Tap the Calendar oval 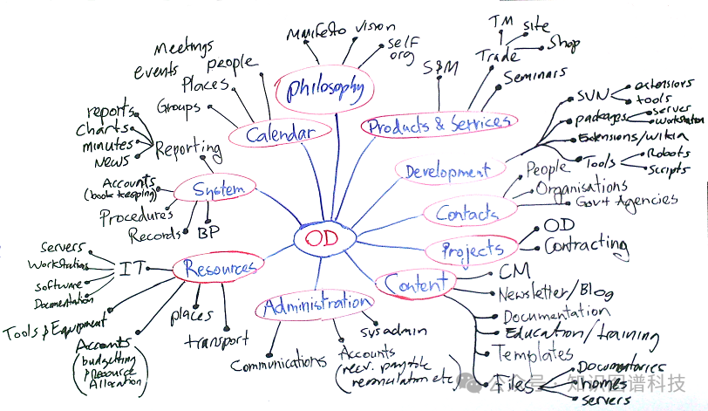tap(279, 134)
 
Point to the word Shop tap(563, 44)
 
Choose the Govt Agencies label tap(627, 201)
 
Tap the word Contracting tap(586, 246)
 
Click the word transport tap(217, 340)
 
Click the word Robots tap(667, 154)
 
